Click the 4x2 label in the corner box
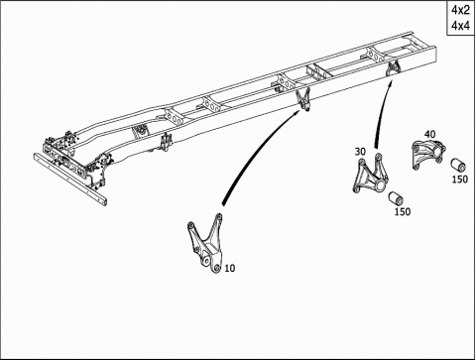click(460, 10)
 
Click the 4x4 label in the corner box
click(460, 25)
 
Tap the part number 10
click(230, 268)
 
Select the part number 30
click(360, 152)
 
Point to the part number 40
click(429, 134)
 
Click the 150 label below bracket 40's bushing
click(460, 180)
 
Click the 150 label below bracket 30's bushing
click(403, 211)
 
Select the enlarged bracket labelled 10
click(205, 243)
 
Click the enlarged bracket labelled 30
click(370, 176)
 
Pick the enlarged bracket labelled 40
click(428, 153)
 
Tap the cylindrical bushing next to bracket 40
click(458, 165)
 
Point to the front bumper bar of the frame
click(70, 180)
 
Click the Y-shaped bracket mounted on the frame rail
click(302, 99)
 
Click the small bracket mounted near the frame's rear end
click(393, 68)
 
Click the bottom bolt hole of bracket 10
click(216, 268)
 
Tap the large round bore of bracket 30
click(381, 185)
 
